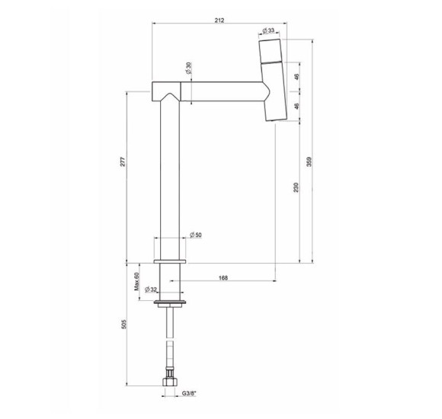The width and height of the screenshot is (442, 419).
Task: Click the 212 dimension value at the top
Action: point(219,21)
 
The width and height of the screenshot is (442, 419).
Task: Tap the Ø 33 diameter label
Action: point(268,30)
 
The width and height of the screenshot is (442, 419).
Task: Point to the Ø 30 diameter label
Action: point(188,68)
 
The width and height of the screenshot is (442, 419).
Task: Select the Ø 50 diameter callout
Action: point(196,235)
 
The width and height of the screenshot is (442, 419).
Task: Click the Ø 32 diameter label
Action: point(150,289)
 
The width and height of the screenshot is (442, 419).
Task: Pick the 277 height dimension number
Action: point(123,162)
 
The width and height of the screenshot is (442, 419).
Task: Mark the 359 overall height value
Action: point(309,162)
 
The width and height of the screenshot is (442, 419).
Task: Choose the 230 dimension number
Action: point(296,187)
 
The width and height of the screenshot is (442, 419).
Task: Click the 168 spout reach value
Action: point(223,278)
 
